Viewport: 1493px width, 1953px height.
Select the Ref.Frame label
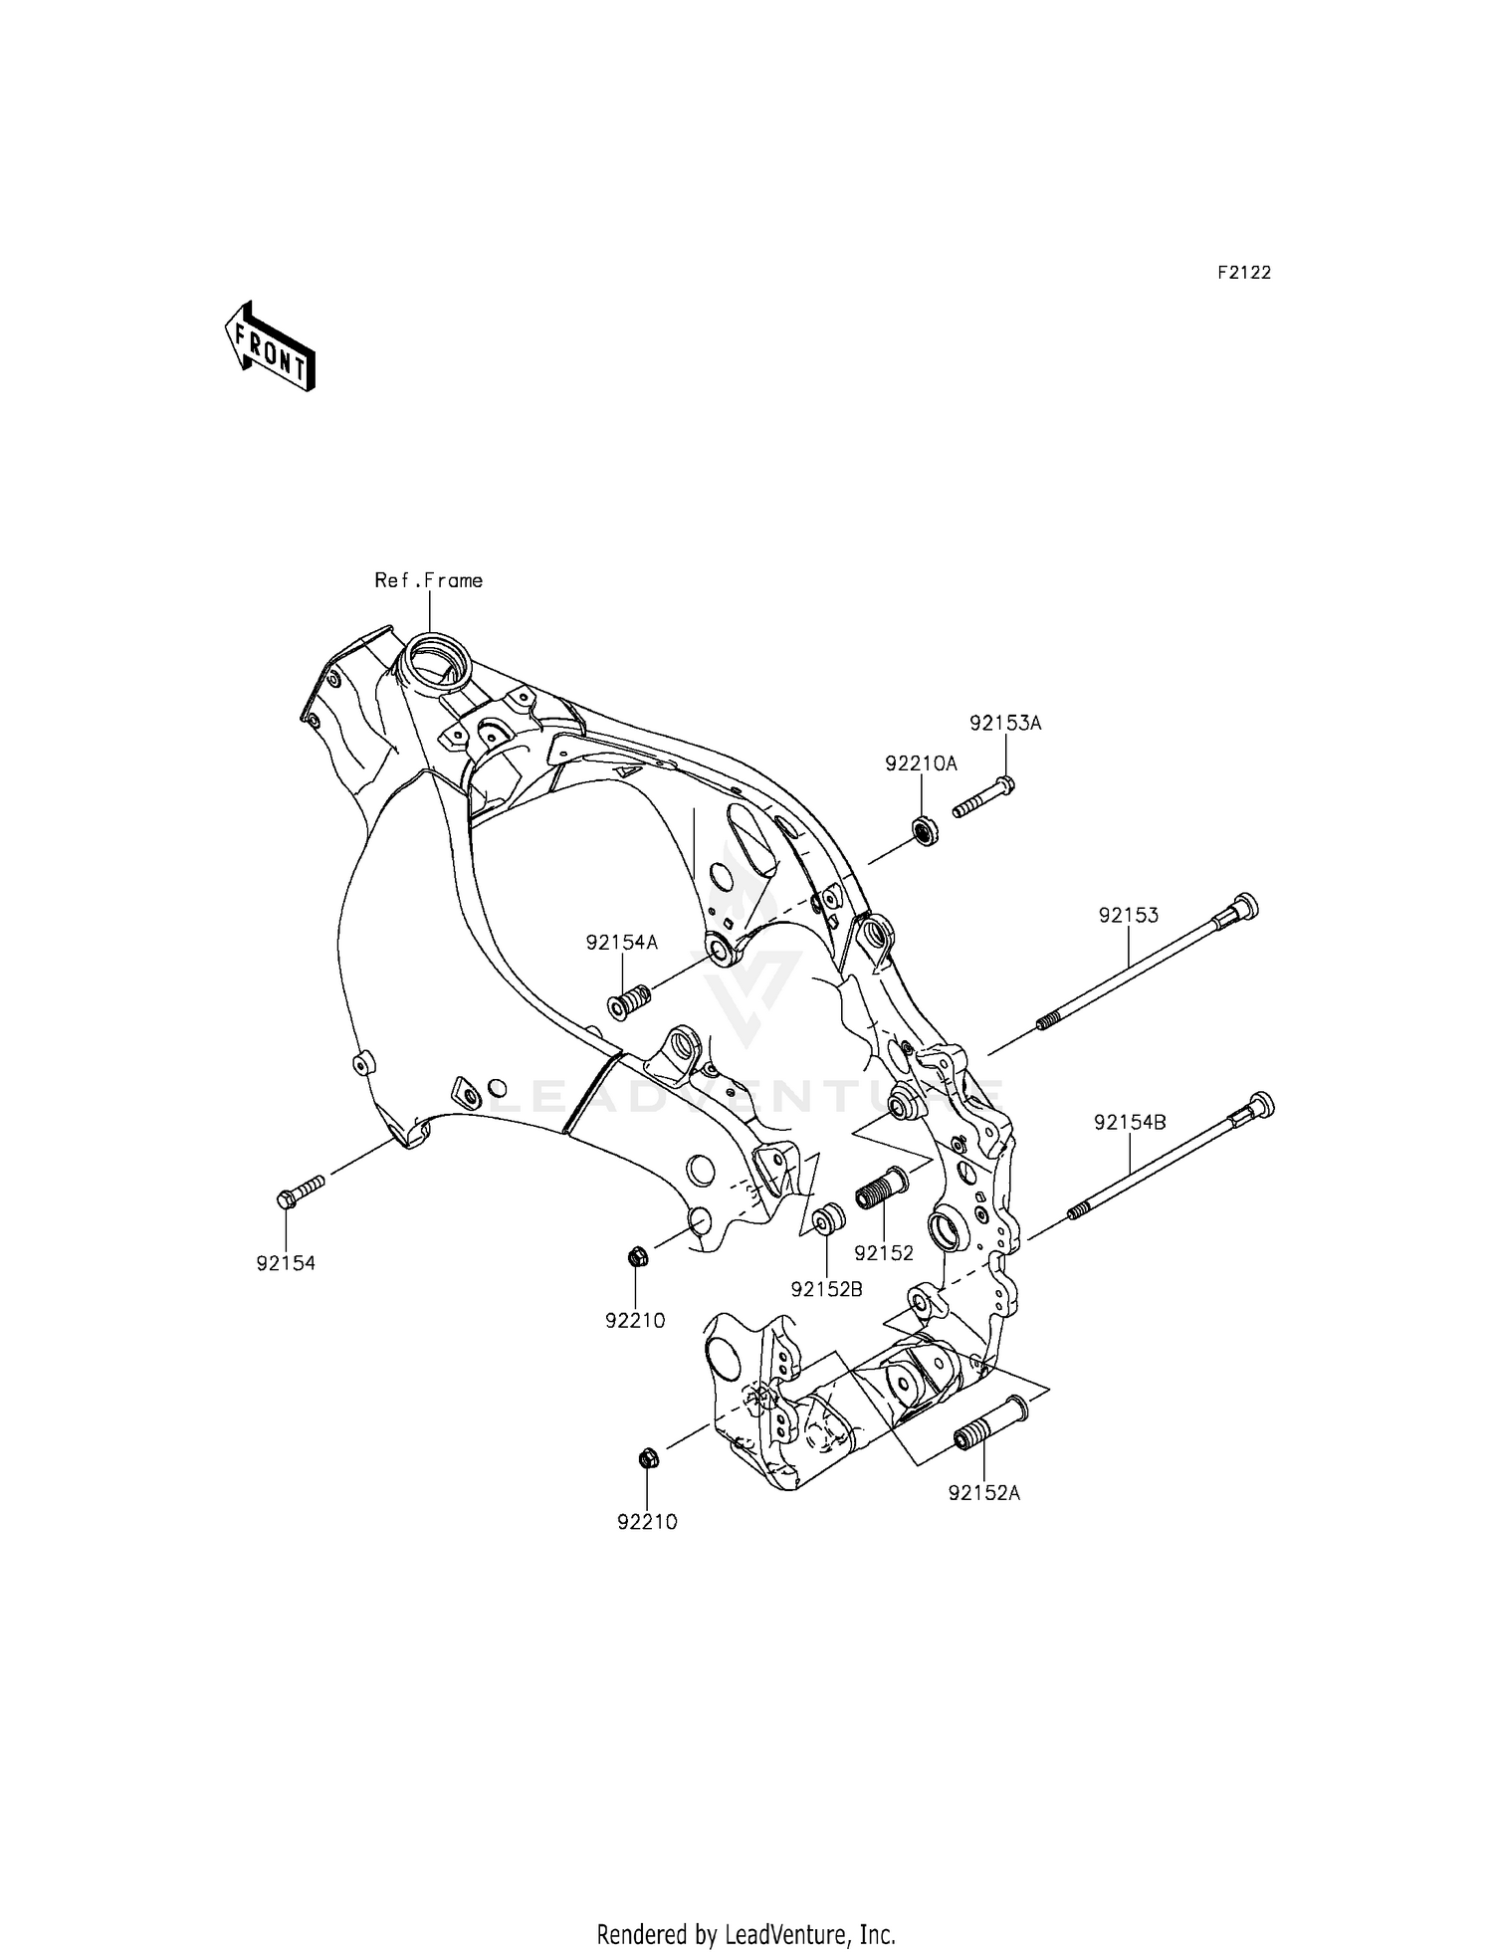point(428,580)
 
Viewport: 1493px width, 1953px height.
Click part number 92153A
point(1005,724)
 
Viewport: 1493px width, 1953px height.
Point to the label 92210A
point(921,763)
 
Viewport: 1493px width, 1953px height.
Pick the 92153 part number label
point(1129,915)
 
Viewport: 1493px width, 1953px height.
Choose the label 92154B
point(1130,1123)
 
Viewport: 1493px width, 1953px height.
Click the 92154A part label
point(622,942)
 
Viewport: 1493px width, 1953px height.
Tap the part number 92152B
point(826,1289)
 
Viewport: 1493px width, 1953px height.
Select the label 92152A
point(984,1493)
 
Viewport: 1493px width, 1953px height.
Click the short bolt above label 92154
point(300,1191)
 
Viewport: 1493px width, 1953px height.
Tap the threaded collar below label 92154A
point(628,1002)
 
